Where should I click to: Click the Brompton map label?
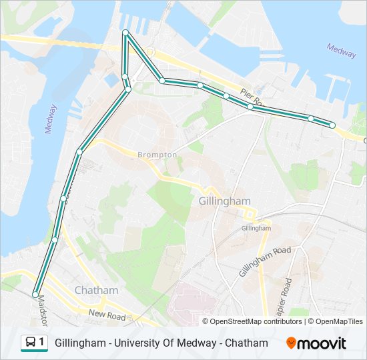pos(157,155)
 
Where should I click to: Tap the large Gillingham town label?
pos(224,201)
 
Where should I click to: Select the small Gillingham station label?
pos(256,227)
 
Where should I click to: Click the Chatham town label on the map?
pos(97,290)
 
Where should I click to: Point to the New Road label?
pos(107,313)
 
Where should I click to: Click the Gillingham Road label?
pos(265,261)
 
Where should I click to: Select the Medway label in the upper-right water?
pos(341,51)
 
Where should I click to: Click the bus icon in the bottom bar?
pos(31,343)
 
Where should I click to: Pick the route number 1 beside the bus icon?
pos(42,343)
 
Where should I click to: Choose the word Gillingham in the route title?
pos(81,343)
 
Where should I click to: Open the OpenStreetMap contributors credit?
pos(256,321)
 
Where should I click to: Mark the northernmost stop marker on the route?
pos(125,33)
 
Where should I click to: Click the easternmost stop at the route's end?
pos(332,125)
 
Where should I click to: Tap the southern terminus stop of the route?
pos(35,294)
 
